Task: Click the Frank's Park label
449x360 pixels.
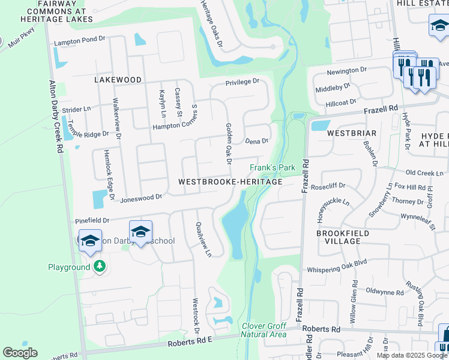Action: [273, 167]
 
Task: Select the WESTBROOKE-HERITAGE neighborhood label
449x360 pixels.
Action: [230, 181]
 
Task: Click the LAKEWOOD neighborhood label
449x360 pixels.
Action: [118, 79]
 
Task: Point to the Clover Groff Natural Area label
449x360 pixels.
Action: [264, 330]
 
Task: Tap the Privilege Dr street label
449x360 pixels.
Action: [242, 82]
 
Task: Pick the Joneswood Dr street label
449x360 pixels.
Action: [141, 197]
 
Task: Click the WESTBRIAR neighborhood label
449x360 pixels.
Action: [352, 133]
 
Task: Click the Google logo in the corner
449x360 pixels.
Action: [20, 353]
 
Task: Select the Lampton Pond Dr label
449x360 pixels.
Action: [80, 43]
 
